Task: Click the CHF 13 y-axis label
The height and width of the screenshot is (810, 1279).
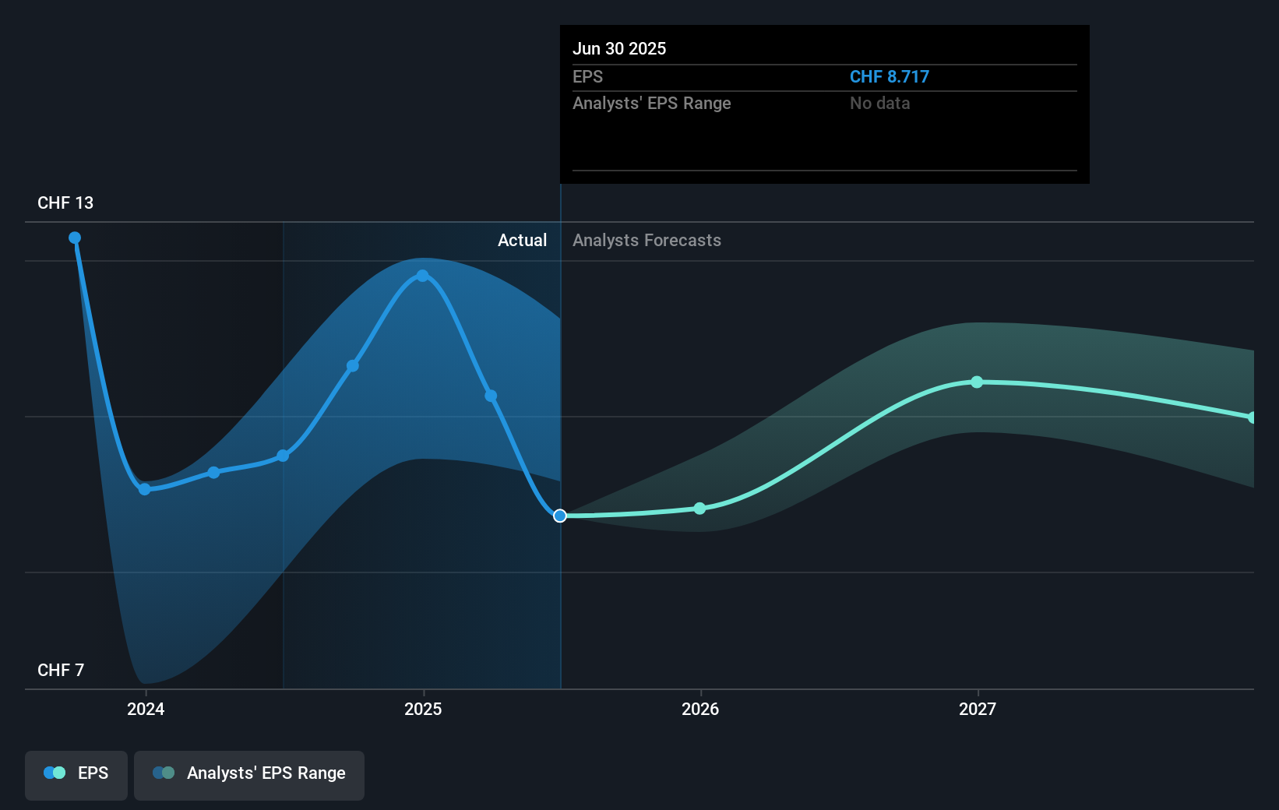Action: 65,203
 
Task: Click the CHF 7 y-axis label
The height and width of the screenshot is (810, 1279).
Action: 61,671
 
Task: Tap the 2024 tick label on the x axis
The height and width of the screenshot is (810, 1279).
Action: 146,710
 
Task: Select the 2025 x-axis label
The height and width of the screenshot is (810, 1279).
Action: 423,710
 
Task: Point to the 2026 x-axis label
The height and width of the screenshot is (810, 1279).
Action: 700,710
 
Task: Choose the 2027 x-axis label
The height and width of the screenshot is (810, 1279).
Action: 978,710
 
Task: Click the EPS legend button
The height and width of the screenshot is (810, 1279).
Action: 76,774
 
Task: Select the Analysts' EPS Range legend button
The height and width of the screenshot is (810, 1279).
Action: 249,774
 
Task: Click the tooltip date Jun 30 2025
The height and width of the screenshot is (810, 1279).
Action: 619,49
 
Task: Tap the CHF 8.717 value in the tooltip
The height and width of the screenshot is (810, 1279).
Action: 889,77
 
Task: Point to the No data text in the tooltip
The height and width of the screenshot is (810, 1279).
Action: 879,104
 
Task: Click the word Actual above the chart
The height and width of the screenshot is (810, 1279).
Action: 522,241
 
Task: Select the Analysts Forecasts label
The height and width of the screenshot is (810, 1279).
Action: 647,241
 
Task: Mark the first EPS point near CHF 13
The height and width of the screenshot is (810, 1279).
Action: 75,238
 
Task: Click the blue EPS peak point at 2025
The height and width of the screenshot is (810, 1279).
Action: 423,276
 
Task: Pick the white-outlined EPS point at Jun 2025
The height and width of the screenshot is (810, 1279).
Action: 560,516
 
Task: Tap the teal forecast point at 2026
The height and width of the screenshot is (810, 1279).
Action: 699,509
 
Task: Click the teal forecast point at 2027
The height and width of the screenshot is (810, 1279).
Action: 977,382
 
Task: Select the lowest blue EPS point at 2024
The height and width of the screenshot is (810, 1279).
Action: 145,489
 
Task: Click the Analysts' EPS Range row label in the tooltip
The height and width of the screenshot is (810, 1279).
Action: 651,104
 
